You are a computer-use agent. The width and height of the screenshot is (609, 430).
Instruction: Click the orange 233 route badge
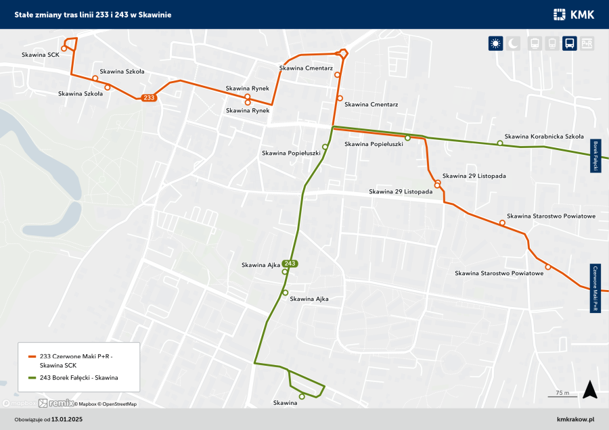click(150, 98)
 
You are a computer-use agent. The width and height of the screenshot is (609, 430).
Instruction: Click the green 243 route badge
click(290, 264)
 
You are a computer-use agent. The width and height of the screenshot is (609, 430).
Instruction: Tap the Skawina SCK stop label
click(40, 55)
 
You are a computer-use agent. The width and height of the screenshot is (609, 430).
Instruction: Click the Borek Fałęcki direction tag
click(595, 156)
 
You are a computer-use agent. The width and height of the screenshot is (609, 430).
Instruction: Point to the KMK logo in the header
click(573, 14)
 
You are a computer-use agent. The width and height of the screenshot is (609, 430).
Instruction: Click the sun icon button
click(496, 43)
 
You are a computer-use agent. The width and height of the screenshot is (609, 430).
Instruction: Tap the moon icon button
click(514, 43)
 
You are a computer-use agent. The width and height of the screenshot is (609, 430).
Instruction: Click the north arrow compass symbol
click(589, 390)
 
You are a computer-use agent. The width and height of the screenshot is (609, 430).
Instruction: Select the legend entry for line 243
click(78, 377)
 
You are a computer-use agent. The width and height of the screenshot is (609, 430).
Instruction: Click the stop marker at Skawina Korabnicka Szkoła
click(500, 143)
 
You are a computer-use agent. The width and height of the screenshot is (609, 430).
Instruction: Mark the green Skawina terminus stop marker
click(302, 397)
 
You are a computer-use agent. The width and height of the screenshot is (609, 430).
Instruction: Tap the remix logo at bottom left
click(53, 404)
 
